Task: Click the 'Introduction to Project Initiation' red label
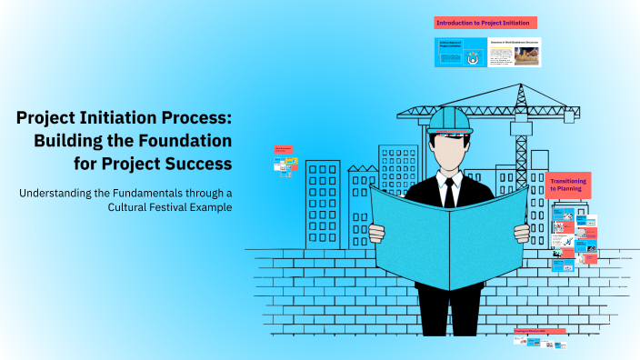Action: click(x=485, y=22)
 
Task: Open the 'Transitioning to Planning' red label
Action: click(x=567, y=185)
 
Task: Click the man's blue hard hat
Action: click(x=450, y=120)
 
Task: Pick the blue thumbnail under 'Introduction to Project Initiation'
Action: click(x=460, y=53)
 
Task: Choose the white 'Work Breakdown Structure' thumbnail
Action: click(x=515, y=53)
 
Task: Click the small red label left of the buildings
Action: click(x=283, y=148)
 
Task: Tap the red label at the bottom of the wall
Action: click(x=539, y=332)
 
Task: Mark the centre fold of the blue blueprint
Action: click(x=451, y=245)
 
